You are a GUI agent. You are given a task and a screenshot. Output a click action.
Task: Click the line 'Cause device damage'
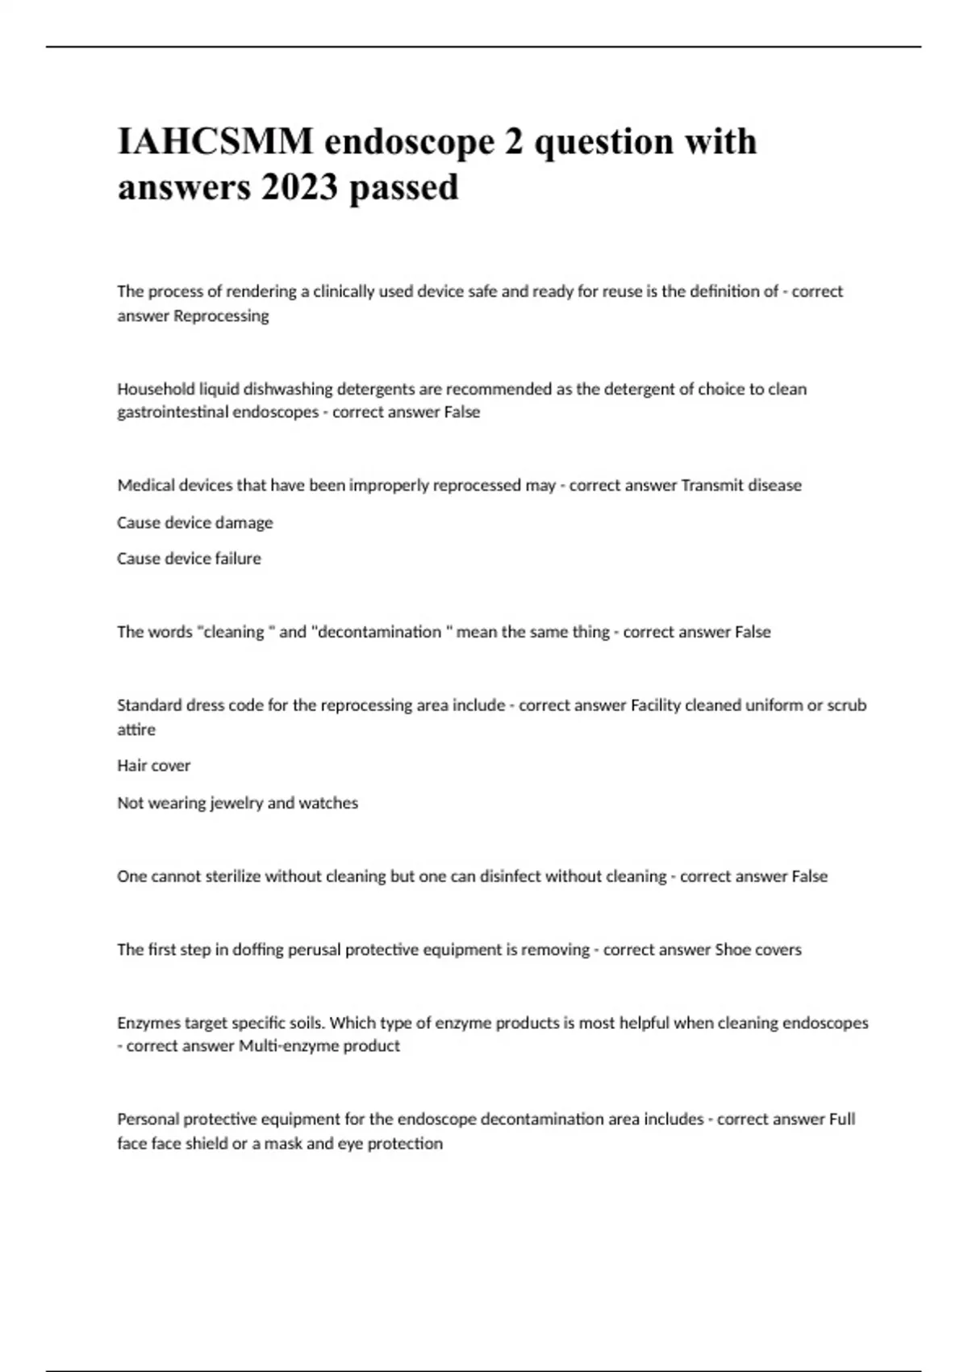coord(194,523)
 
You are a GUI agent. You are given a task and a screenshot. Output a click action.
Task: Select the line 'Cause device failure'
coord(189,558)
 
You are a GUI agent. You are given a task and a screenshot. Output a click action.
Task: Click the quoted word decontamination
coord(379,632)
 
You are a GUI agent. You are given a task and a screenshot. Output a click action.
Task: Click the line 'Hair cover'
coord(153,766)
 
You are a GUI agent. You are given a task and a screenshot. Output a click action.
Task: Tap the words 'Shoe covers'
coord(758,950)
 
